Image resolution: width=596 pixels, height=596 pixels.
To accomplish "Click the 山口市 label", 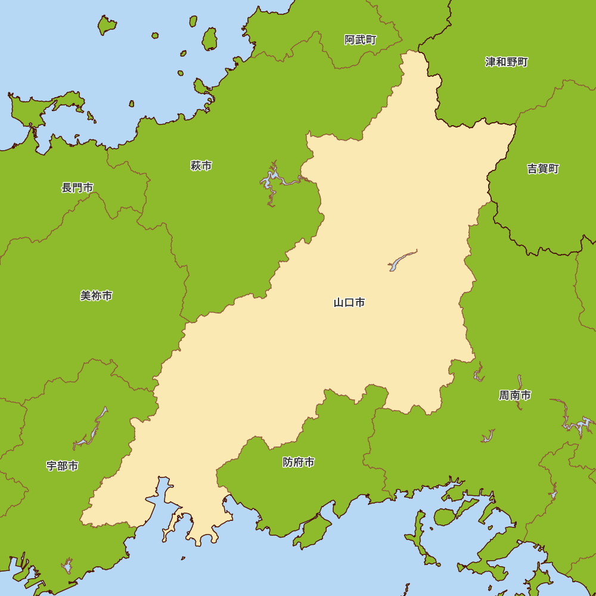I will click(349, 303).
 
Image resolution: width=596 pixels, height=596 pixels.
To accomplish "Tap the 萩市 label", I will click(201, 166).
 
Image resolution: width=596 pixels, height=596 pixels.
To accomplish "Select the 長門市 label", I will click(77, 188).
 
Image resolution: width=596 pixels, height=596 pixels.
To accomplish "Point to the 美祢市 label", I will click(97, 296).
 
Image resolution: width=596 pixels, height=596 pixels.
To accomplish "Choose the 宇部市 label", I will click(62, 466).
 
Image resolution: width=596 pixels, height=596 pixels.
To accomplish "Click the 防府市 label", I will click(299, 462).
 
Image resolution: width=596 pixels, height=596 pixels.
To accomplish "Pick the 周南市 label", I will click(515, 395).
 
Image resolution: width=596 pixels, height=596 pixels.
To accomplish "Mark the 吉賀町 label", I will click(543, 169).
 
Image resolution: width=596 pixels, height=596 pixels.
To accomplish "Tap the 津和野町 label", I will click(507, 62).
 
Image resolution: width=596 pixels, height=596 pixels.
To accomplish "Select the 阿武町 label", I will click(361, 40).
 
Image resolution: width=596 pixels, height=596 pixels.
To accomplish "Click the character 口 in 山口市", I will click(349, 303).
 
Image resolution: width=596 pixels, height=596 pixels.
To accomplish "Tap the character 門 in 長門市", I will click(77, 188).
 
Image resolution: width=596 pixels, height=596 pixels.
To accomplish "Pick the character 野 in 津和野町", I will click(512, 62).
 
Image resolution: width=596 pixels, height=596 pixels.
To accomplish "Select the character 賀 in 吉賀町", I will click(543, 169).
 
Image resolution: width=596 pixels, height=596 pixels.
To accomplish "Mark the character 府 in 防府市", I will click(299, 462).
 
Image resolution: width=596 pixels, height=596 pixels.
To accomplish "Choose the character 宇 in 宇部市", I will click(52, 466).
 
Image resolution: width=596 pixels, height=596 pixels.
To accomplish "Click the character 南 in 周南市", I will click(515, 395).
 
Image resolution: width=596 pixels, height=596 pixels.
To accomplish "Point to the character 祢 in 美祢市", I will click(97, 296).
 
